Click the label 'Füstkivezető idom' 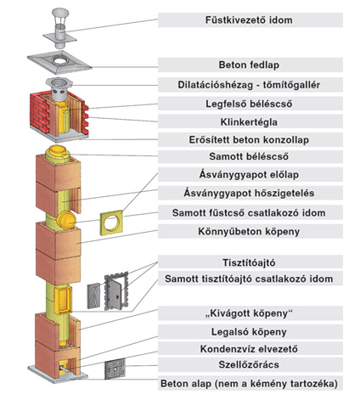249,20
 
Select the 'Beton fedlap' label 249,65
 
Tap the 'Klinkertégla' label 249,122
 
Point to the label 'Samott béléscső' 249,156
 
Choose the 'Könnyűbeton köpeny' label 249,231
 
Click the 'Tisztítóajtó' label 249,262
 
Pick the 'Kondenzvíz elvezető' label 249,348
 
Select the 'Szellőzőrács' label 249,364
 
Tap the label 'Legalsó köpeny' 249,331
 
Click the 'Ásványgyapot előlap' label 249,174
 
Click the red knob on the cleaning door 117,296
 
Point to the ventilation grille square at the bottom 115,369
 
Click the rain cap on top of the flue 60,13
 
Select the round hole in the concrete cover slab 59,60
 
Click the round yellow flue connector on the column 66,219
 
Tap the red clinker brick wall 39,112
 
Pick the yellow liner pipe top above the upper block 58,153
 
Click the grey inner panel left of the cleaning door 93,296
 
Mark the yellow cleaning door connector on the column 63,300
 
